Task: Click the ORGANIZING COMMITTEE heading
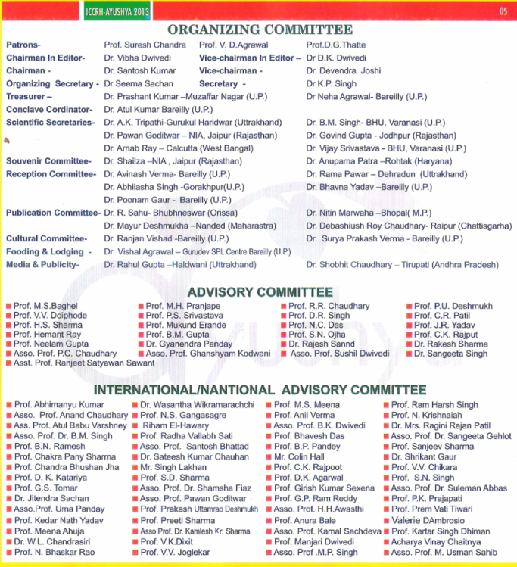click(260, 30)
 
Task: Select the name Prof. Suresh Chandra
click(145, 45)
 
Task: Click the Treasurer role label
click(29, 97)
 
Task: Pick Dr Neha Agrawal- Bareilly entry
click(366, 97)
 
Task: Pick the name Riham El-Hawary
click(175, 425)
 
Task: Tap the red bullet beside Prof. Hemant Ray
click(8, 335)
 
